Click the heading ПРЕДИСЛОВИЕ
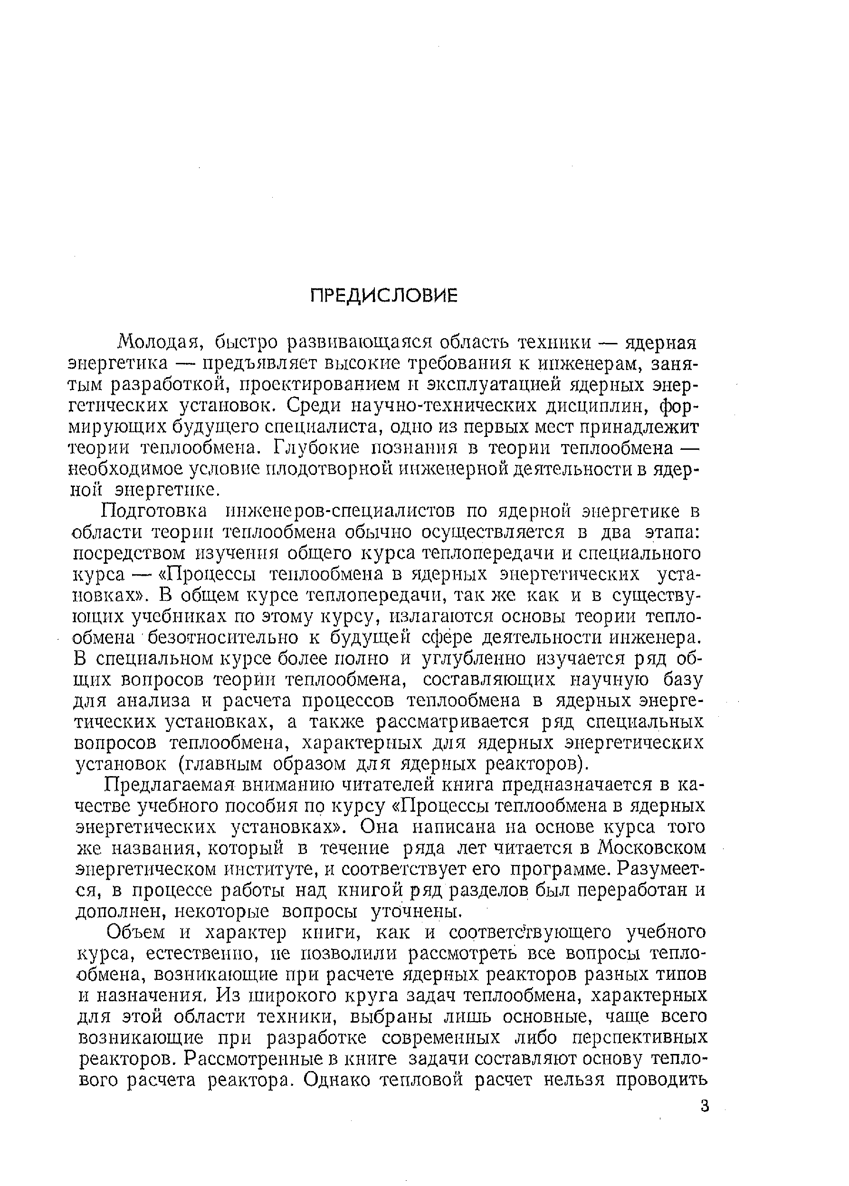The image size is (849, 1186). pos(384,296)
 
